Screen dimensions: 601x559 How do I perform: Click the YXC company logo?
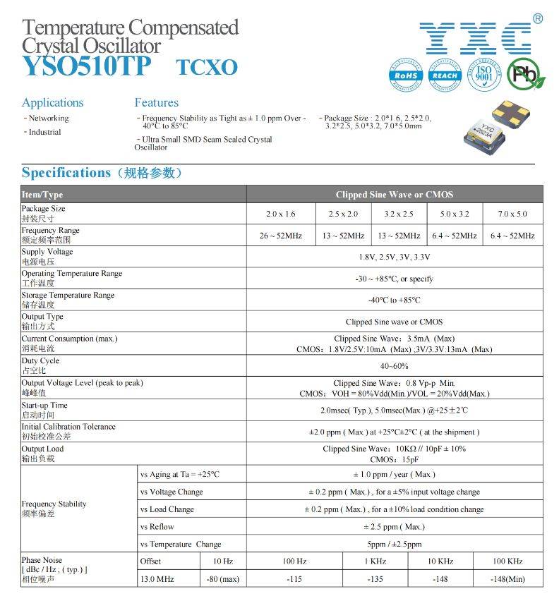click(x=474, y=38)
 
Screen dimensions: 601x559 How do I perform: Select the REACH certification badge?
click(x=445, y=74)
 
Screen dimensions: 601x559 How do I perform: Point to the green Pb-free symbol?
click(x=524, y=74)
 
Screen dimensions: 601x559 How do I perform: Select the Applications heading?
click(x=52, y=102)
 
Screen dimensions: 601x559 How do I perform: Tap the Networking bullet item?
click(x=48, y=118)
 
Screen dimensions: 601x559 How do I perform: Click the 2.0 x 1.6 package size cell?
click(x=280, y=214)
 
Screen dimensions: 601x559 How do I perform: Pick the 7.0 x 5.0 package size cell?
click(x=512, y=214)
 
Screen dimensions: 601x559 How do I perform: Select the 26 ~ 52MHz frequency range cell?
click(x=280, y=236)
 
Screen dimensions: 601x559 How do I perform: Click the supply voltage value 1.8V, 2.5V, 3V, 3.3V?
click(x=394, y=257)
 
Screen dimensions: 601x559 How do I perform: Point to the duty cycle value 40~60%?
click(x=394, y=365)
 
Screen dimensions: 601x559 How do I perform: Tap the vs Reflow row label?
click(x=157, y=527)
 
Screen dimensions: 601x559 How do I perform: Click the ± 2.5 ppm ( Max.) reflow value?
click(x=394, y=527)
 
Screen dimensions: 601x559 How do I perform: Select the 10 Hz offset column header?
click(x=223, y=561)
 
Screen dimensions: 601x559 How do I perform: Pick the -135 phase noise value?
click(x=375, y=579)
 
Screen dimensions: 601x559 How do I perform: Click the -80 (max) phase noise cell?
click(x=223, y=579)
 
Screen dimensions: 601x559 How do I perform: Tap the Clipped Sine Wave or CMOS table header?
click(x=394, y=194)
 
